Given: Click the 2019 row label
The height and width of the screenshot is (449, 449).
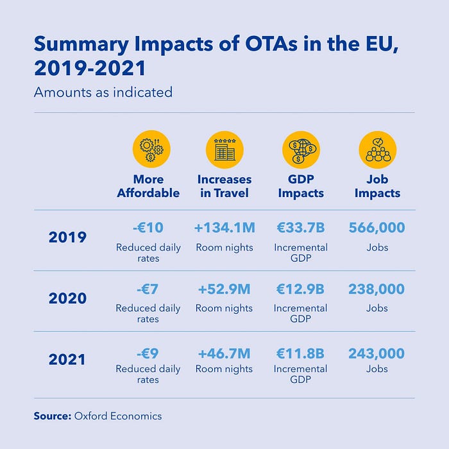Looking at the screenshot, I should point(67,237).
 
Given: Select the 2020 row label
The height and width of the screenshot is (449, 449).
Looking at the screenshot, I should point(67,298).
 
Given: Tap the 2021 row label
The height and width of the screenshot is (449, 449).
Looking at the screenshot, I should point(67,359).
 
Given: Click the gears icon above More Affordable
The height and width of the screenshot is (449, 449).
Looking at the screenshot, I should point(151,149).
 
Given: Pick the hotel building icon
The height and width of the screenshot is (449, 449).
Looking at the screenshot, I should point(224,149).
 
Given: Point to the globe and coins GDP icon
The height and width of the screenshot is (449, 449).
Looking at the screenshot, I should point(301,149).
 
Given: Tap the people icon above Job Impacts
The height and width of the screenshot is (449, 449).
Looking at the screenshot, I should point(377,149).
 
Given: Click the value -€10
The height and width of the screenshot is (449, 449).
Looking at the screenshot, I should point(148,228).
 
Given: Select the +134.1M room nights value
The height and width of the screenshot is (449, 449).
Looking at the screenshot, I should point(224,228).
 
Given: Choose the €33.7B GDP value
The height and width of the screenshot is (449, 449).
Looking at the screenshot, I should point(300,228).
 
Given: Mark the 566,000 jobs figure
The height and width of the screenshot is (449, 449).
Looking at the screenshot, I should point(377,228).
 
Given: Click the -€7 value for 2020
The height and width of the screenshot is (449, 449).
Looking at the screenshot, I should point(148,289).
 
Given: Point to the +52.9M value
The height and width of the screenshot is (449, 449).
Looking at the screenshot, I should point(224,289).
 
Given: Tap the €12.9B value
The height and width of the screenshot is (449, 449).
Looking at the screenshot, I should point(300,289).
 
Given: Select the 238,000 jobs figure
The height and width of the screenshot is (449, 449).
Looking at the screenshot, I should point(377,289).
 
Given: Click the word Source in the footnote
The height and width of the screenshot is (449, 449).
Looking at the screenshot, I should point(52,416).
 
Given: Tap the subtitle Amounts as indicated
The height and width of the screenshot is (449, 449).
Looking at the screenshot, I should point(103,92).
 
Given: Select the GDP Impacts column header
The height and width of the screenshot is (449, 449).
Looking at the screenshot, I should point(301,186).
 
